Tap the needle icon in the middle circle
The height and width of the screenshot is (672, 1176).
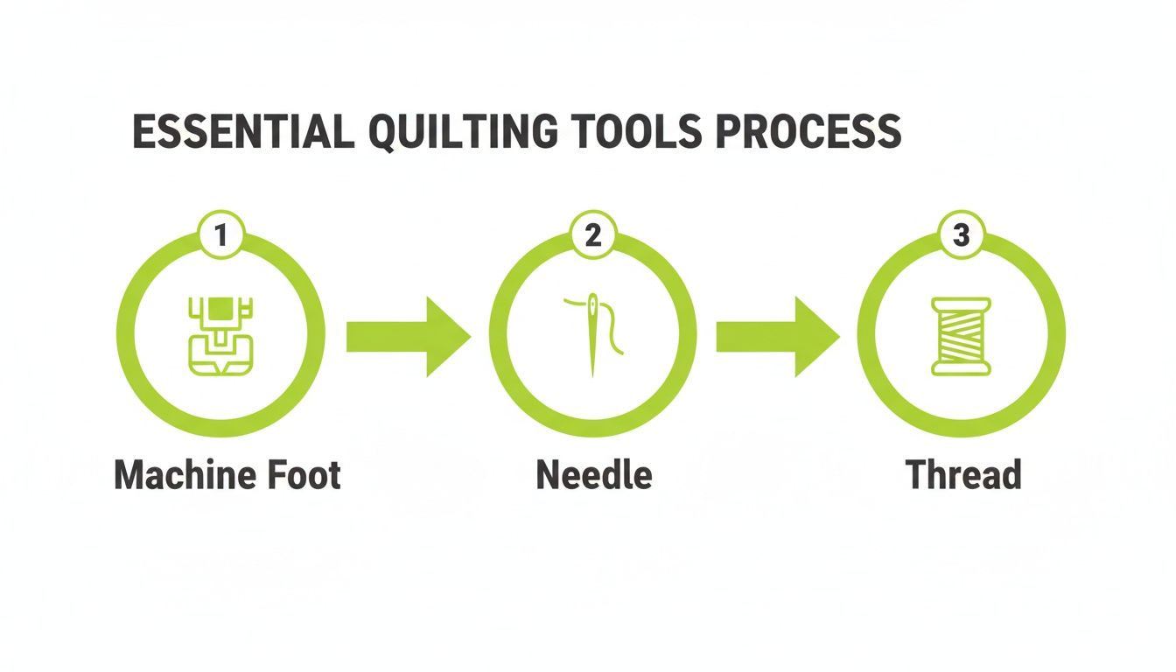594,335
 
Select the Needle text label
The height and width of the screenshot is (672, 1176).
594,475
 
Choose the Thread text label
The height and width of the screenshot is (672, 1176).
963,475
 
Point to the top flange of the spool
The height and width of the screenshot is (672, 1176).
961,303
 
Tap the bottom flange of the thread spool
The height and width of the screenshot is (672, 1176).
961,371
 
